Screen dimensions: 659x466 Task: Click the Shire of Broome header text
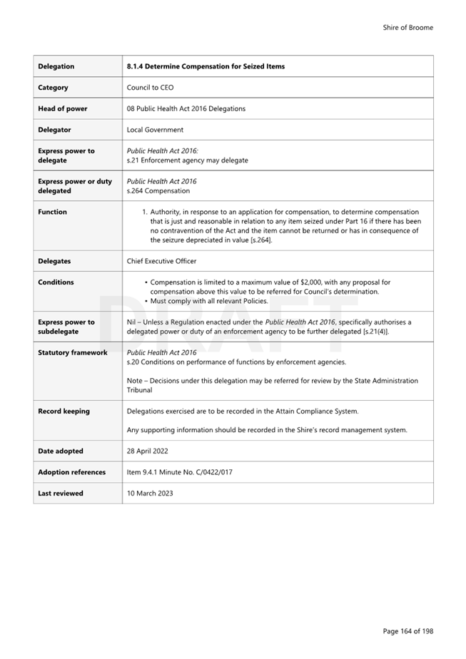pos(407,28)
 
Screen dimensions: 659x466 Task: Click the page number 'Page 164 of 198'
pos(407,631)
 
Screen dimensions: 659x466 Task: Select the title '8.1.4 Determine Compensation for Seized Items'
pos(206,66)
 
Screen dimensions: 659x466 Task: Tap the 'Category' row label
pos(54,88)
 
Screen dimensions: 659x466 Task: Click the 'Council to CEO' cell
pos(150,88)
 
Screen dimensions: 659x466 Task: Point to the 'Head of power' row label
pos(63,108)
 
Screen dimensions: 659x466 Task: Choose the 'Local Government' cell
pos(155,130)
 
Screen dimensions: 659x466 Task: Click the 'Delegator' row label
pos(55,130)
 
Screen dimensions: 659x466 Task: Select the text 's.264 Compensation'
pos(158,191)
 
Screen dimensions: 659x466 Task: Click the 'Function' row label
pos(53,212)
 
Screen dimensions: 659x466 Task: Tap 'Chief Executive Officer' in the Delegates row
pos(161,261)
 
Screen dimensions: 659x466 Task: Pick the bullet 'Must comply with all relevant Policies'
pos(209,301)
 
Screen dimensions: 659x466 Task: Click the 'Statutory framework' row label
pos(73,352)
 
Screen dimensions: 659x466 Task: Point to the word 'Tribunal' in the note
pos(139,390)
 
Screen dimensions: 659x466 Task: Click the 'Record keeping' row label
pos(64,411)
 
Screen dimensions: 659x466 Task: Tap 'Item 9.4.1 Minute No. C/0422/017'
pos(179,472)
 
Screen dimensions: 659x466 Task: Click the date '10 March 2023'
pos(150,493)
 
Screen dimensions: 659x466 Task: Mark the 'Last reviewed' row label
pos(61,493)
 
